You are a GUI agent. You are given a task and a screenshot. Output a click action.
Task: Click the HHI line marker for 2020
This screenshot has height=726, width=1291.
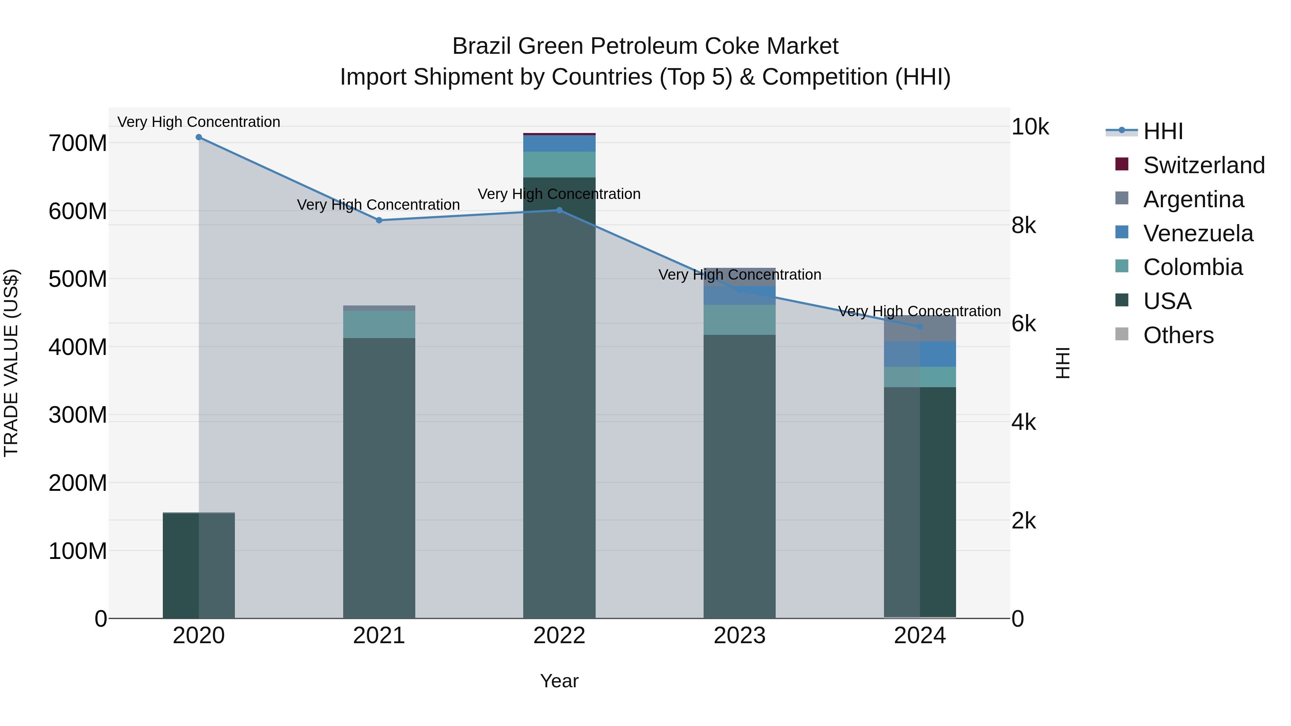[199, 137]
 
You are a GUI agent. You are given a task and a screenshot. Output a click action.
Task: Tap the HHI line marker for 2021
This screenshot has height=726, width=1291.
[379, 220]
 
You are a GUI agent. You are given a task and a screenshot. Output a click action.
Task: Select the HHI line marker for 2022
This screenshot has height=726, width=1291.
[559, 210]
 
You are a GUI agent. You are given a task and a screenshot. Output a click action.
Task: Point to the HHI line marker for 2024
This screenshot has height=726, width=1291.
[919, 327]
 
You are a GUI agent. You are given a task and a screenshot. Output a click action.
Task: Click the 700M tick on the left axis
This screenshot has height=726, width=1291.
[78, 143]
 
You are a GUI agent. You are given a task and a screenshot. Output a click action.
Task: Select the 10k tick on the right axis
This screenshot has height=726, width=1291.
[1030, 127]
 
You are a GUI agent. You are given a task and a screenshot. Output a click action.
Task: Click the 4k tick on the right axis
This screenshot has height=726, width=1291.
[1023, 422]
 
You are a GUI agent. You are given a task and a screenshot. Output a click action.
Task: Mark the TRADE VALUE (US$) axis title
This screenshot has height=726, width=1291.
[11, 363]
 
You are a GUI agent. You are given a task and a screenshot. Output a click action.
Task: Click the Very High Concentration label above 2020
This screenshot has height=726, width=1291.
[199, 122]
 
